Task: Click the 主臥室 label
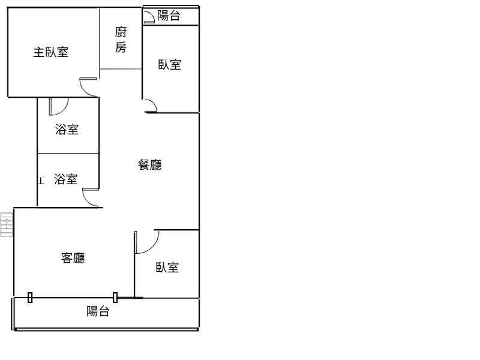pos(50,52)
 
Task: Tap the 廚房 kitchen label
pos(121,40)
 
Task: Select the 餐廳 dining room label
pos(150,164)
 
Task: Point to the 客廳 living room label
pos(73,258)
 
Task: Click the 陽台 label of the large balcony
pos(98,311)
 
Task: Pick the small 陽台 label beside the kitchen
pos(169,16)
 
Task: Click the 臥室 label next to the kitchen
pos(170,65)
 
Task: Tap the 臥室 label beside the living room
pos(167,268)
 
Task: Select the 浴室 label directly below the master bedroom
pos(67,129)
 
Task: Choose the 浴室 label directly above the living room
pos(65,179)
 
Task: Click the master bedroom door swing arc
pos(88,87)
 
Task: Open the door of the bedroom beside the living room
pos(147,241)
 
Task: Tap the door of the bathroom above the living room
pos(91,198)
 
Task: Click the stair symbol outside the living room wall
pos(7,225)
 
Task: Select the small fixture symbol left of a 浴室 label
pos(41,179)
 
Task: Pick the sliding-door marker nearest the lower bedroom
pos(115,296)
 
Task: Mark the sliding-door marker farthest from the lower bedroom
pos(30,296)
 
